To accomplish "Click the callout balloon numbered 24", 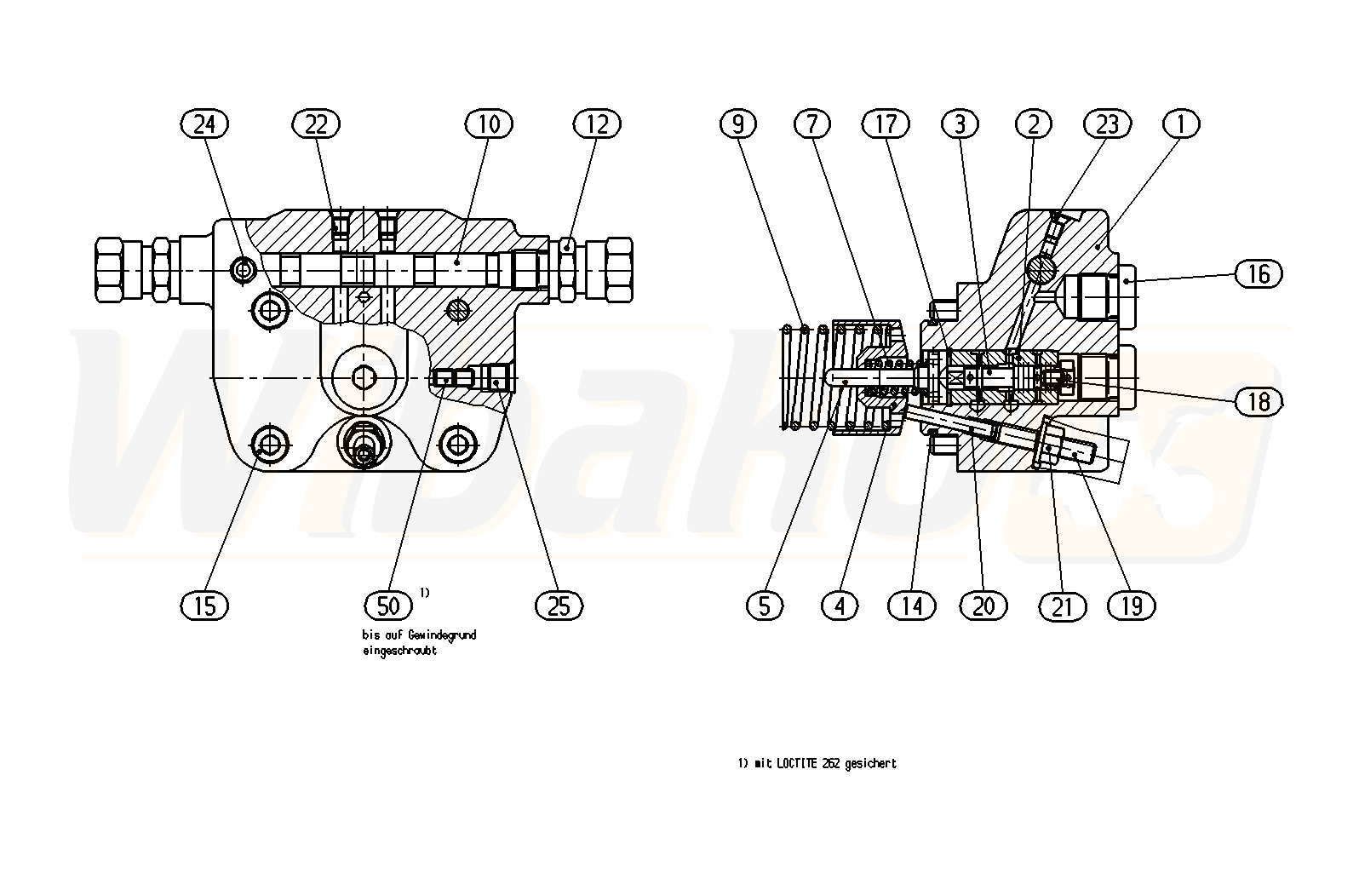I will [x=205, y=124].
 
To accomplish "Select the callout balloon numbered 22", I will [x=316, y=124].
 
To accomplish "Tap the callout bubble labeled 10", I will [x=489, y=124].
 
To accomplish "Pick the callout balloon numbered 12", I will [x=597, y=124].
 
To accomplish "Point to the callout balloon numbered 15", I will [x=205, y=606].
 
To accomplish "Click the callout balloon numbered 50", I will [x=388, y=606].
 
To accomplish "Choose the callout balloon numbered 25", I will [x=559, y=606].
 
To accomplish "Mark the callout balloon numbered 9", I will [x=737, y=124].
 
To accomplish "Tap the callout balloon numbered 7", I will [x=812, y=124].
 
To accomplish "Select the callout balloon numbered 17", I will [x=886, y=124].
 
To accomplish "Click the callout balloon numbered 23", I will [x=1107, y=124].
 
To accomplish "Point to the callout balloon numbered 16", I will [x=1259, y=273].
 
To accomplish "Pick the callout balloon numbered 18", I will [x=1259, y=400].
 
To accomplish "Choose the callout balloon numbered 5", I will [x=765, y=606].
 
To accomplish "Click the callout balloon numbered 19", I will [x=1132, y=606].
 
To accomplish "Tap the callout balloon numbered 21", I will [x=1063, y=606].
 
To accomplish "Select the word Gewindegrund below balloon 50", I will [x=442, y=635].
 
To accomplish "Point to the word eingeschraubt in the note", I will [x=399, y=652].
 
